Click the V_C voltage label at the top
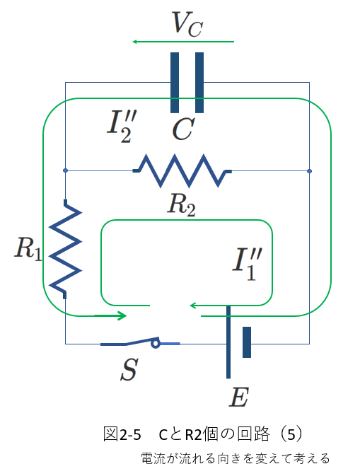pyautogui.click(x=187, y=24)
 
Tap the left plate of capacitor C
pyautogui.click(x=175, y=83)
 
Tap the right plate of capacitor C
pyautogui.click(x=199, y=83)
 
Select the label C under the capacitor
pyautogui.click(x=183, y=129)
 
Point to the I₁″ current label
pyautogui.click(x=247, y=264)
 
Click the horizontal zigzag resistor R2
pyautogui.click(x=182, y=171)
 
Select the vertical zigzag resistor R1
pyautogui.click(x=65, y=249)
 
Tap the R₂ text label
pyautogui.click(x=182, y=205)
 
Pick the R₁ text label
pyautogui.click(x=28, y=249)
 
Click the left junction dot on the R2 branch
pyautogui.click(x=65, y=170)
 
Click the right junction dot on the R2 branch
pyautogui.click(x=309, y=171)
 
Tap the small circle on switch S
pyautogui.click(x=156, y=344)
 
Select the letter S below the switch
pyautogui.click(x=129, y=369)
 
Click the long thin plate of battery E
pyautogui.click(x=228, y=342)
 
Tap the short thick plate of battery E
pyautogui.click(x=247, y=342)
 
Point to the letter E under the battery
pyautogui.click(x=239, y=397)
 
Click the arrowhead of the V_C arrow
pyautogui.click(x=135, y=42)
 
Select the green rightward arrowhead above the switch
pyautogui.click(x=122, y=315)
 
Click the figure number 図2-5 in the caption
pyautogui.click(x=122, y=434)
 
